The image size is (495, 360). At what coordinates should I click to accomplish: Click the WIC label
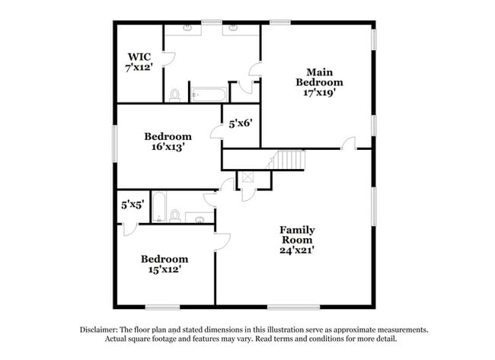click(x=139, y=56)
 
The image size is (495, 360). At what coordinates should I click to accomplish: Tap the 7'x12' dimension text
click(x=139, y=68)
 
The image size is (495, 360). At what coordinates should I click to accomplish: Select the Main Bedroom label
click(x=319, y=76)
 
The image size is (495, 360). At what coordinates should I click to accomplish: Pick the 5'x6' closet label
click(x=240, y=122)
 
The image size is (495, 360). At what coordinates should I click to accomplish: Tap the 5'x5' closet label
click(x=133, y=204)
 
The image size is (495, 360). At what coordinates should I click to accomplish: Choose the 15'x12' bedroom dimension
click(x=164, y=269)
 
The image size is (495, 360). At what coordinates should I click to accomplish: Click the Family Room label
click(x=297, y=234)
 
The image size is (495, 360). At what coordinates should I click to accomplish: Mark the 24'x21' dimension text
click(x=297, y=248)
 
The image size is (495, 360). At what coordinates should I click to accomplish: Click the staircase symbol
click(x=289, y=161)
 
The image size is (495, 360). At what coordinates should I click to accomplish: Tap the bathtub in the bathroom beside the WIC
click(x=208, y=95)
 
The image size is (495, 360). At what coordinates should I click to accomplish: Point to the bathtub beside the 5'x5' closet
click(x=159, y=206)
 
